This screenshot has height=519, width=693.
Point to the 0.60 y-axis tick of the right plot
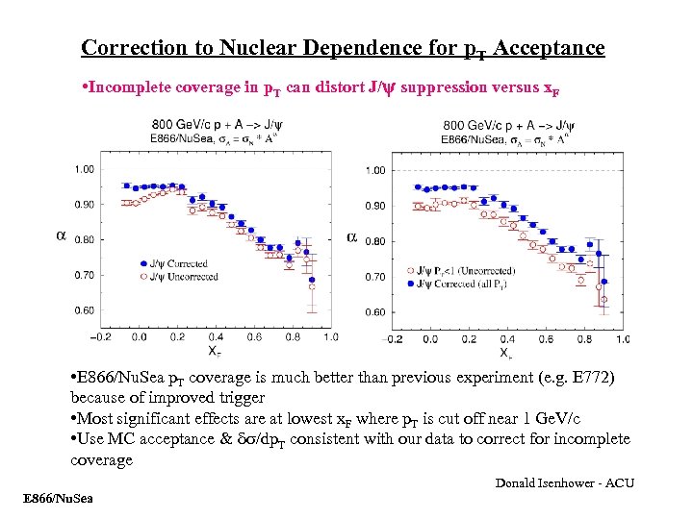pyautogui.click(x=374, y=312)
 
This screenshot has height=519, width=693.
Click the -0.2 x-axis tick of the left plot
pyautogui.click(x=99, y=337)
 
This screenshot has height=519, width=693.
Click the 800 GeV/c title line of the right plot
pyautogui.click(x=508, y=125)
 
